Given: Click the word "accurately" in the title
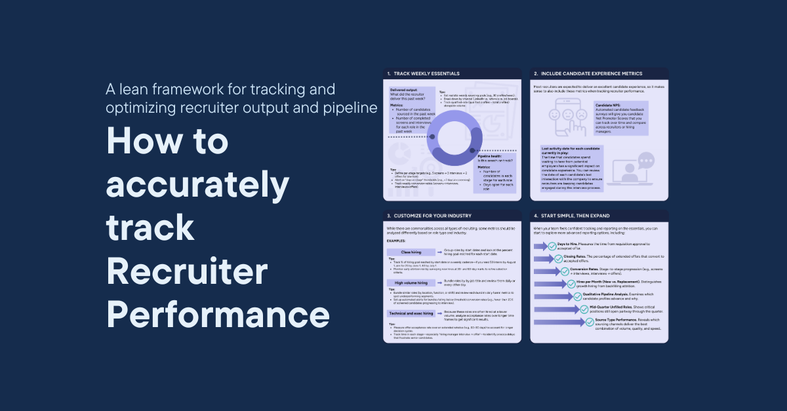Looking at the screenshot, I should (x=197, y=186).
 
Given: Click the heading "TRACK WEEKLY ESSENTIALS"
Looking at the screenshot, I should (x=426, y=73).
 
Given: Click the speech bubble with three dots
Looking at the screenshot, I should (x=646, y=160).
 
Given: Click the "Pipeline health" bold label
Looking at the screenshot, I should (x=493, y=157).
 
